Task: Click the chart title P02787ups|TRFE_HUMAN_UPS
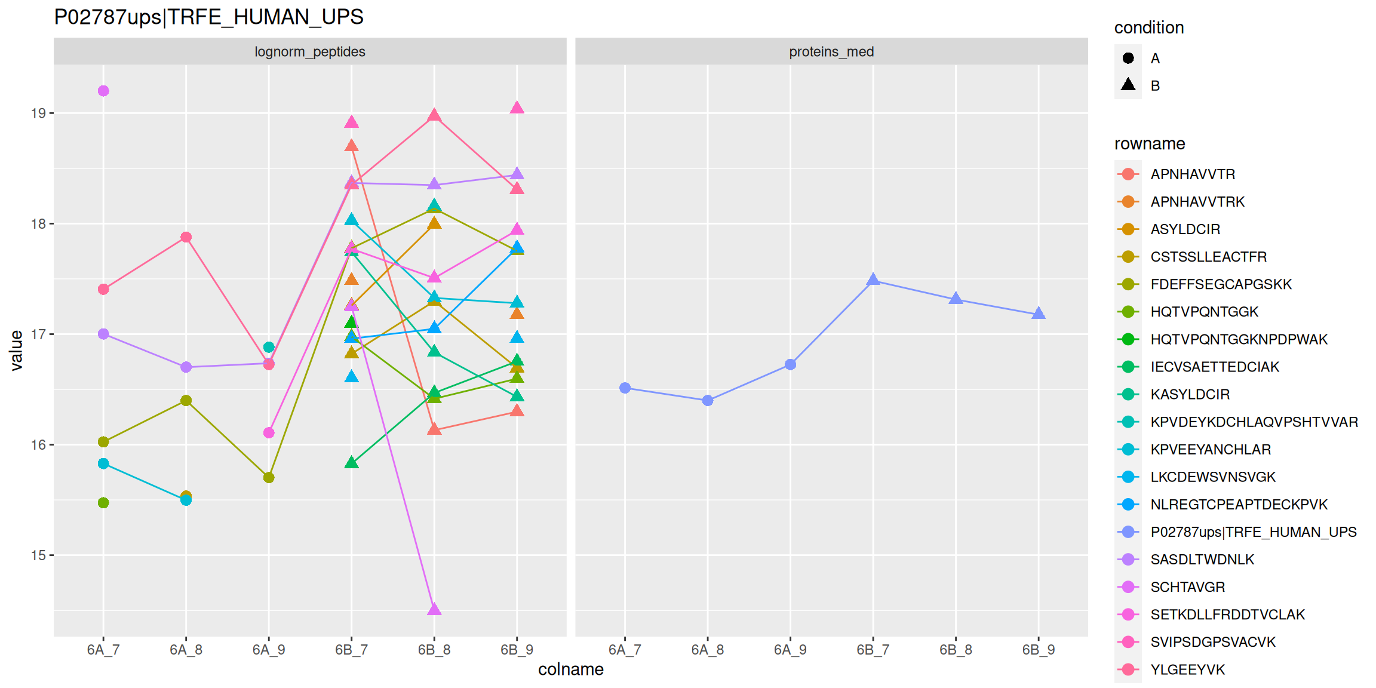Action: tap(208, 17)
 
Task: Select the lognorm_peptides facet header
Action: tap(309, 51)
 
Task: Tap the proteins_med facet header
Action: tap(831, 51)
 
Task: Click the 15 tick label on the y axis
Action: tap(38, 555)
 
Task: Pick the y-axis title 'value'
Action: tap(16, 351)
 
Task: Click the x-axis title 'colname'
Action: tap(570, 669)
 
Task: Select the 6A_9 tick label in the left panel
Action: tap(269, 650)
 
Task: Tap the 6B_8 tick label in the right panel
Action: tap(956, 650)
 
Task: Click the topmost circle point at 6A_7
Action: tap(103, 91)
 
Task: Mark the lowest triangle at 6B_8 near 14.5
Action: tap(434, 609)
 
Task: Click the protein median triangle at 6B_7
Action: tap(873, 279)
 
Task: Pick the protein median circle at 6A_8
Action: tap(708, 400)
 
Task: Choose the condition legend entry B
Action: tap(1154, 85)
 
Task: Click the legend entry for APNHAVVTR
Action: tap(1192, 174)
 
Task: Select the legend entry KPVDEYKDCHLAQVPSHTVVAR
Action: tap(1254, 422)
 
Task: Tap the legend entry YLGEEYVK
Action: tap(1187, 669)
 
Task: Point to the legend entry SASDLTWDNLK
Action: tap(1202, 560)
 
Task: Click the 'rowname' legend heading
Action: tap(1149, 144)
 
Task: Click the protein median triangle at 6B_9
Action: tap(1039, 314)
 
